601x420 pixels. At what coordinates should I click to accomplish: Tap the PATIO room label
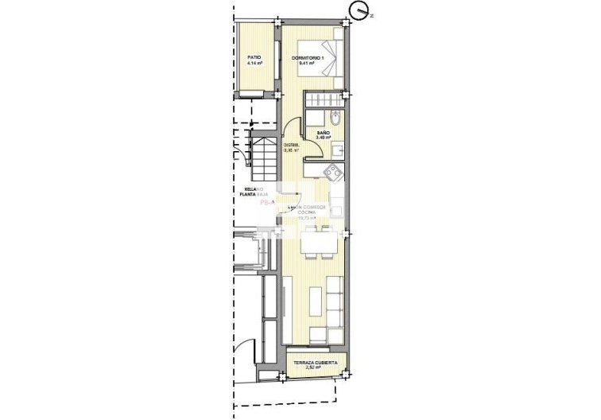(x=254, y=57)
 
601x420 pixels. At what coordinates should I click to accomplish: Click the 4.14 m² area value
(x=254, y=64)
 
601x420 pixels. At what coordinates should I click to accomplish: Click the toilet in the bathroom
(x=335, y=120)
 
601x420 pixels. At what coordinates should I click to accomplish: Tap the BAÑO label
(x=323, y=132)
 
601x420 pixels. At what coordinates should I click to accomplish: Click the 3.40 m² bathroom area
(x=323, y=138)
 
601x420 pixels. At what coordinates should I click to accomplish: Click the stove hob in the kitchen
(x=332, y=169)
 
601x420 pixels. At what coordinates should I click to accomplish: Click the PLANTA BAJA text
(x=255, y=195)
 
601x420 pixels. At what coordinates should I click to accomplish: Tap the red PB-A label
(x=266, y=204)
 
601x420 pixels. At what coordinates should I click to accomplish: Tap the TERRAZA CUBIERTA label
(x=316, y=363)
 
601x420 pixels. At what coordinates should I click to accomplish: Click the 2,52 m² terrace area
(x=316, y=369)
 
